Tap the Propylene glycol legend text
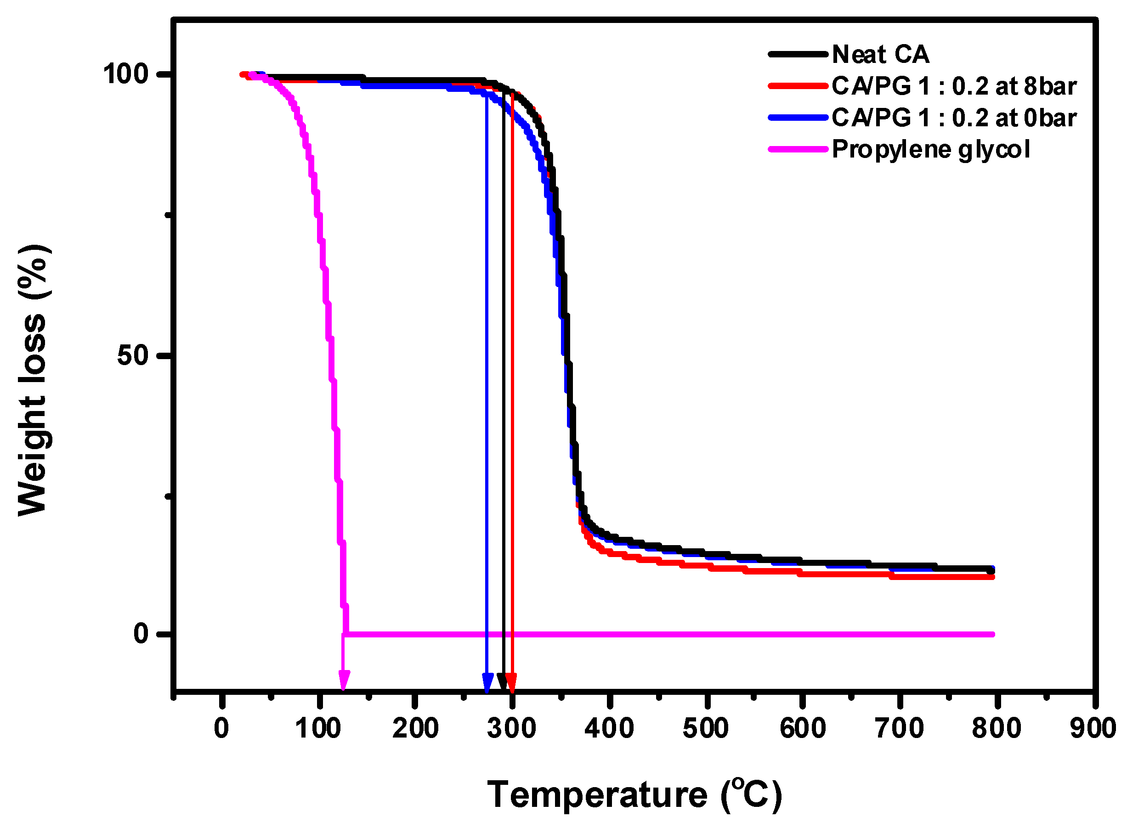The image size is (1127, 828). (x=930, y=149)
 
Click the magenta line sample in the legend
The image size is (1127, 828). (x=797, y=149)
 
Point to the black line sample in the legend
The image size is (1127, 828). (x=797, y=54)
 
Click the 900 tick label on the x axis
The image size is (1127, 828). (x=1093, y=728)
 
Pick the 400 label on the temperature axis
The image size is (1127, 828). (x=609, y=728)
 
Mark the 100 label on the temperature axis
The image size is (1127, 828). (x=318, y=728)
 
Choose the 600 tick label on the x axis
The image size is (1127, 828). (x=803, y=728)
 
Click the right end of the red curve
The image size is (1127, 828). (x=991, y=577)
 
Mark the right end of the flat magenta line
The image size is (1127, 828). (x=991, y=634)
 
